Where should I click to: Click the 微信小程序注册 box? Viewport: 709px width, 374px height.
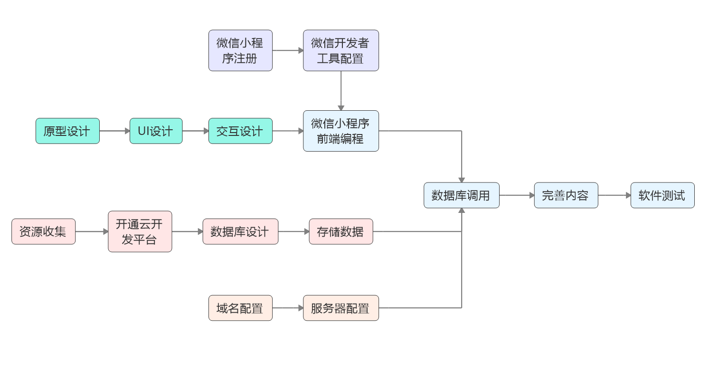[x=240, y=50]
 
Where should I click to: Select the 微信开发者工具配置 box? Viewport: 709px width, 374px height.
[x=340, y=50]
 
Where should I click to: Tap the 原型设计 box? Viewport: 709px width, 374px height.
[x=67, y=131]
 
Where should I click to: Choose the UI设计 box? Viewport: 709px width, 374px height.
[x=156, y=131]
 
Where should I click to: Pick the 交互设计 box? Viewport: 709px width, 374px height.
[x=240, y=131]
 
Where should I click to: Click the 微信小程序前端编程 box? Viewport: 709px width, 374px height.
[x=340, y=131]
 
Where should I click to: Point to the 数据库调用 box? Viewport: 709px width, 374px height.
[x=461, y=195]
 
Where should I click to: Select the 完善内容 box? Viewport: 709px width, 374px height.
[x=566, y=195]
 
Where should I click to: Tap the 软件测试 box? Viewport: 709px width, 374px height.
[x=662, y=195]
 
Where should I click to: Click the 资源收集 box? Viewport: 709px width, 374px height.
[x=43, y=231]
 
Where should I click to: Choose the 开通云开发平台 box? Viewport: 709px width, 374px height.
[x=140, y=231]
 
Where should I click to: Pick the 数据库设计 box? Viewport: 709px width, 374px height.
[x=240, y=231]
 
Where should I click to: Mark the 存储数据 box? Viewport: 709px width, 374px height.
[x=340, y=231]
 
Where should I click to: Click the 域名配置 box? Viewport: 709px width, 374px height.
[x=240, y=308]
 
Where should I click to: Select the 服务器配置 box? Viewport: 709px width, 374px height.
[x=340, y=308]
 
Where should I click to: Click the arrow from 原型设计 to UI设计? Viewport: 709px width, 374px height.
[x=114, y=131]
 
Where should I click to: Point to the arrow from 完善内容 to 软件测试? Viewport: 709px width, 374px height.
[x=614, y=195]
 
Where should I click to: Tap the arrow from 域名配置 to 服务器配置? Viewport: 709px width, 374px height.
[x=288, y=308]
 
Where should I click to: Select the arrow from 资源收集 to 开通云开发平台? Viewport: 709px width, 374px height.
[x=92, y=231]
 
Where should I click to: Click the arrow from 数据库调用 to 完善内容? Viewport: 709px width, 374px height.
[x=517, y=195]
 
